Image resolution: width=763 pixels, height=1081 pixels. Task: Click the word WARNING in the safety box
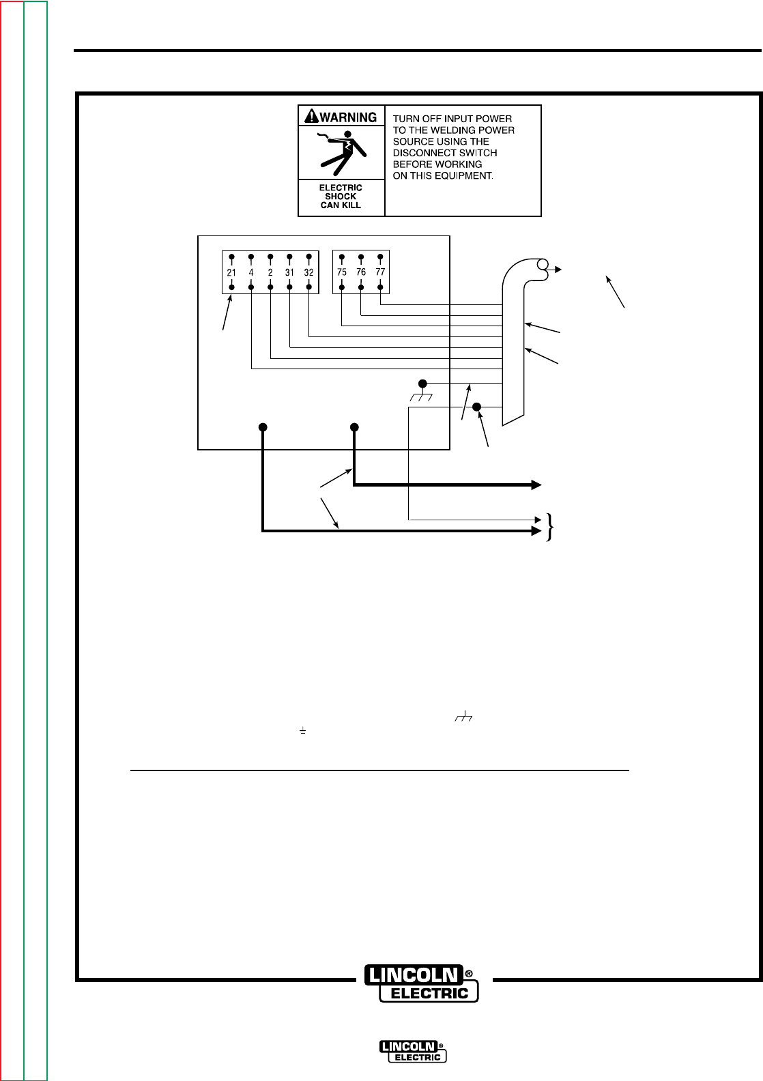point(348,117)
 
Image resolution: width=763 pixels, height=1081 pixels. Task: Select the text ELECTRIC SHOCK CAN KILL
point(341,197)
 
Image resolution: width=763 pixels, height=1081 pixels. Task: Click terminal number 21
point(231,272)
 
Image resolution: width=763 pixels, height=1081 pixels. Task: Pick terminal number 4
point(251,272)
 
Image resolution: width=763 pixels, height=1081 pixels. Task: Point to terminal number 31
point(289,272)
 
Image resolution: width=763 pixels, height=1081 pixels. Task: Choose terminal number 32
point(309,272)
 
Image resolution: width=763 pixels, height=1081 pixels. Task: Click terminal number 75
point(342,272)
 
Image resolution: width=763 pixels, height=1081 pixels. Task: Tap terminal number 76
point(361,272)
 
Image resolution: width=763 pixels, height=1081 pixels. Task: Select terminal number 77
point(380,272)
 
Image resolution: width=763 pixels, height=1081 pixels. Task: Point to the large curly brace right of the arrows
point(549,527)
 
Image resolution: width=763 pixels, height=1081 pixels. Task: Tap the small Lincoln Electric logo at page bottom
point(413,1052)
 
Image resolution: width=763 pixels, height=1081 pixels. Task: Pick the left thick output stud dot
point(263,427)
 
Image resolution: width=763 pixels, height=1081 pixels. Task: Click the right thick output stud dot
point(354,427)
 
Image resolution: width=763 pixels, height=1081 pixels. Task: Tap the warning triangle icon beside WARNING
point(311,117)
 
